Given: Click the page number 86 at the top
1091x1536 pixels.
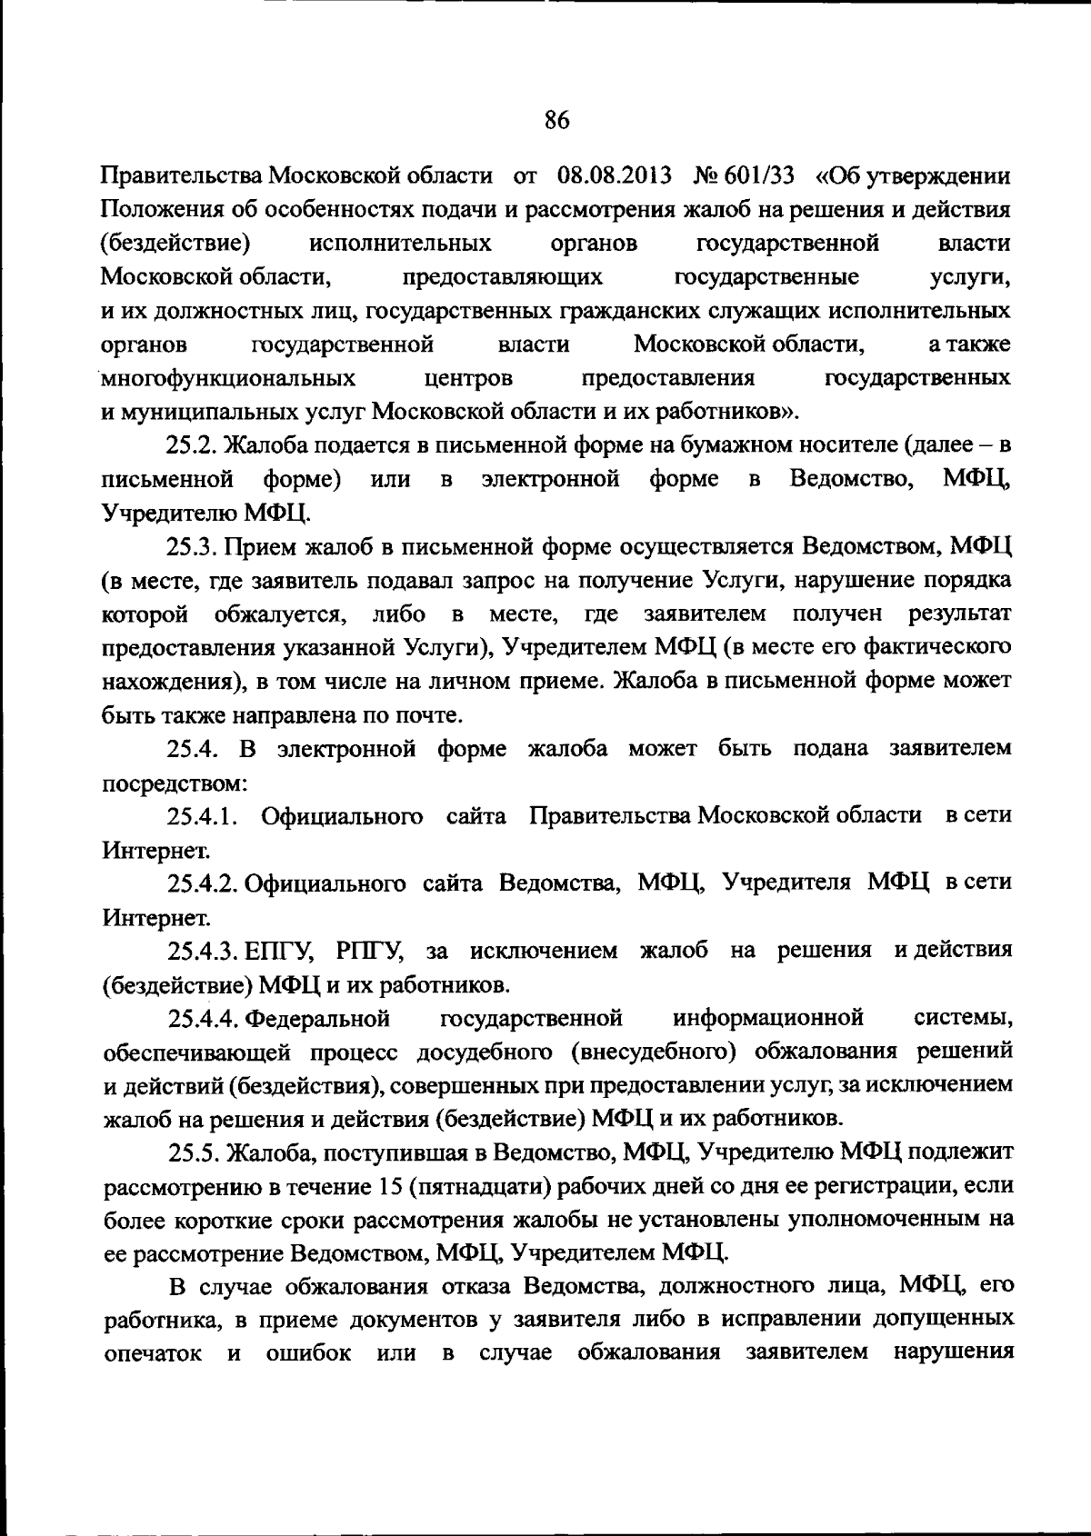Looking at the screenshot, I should [556, 120].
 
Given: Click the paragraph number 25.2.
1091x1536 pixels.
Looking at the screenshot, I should [192, 444].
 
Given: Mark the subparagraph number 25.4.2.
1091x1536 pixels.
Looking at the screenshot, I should [203, 883].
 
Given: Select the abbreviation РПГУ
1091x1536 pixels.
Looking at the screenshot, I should [369, 951].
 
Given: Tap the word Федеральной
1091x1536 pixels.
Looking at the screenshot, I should [318, 1018].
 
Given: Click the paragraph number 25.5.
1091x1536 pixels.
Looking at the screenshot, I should [192, 1152].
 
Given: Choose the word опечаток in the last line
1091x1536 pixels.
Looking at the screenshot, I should [153, 1351].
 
